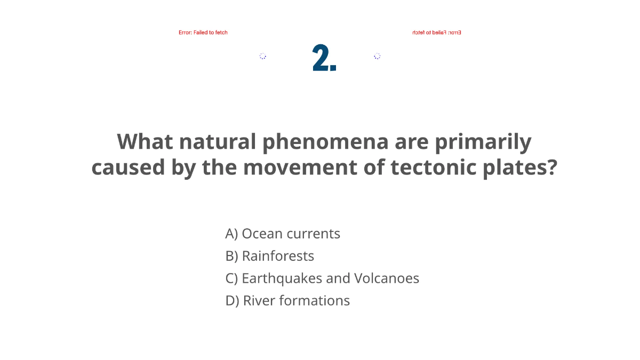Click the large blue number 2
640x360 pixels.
tap(324, 58)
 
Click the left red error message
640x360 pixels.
tap(203, 33)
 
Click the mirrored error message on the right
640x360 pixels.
tap(436, 33)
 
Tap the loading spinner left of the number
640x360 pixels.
tap(263, 56)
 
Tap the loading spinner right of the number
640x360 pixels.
tap(377, 56)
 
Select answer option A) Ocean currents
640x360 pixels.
tap(283, 234)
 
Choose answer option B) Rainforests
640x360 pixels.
tap(270, 256)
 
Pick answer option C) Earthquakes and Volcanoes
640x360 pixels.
tap(322, 278)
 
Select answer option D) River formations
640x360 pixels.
tap(287, 301)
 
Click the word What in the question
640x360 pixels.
tap(145, 142)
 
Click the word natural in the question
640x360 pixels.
tap(215, 142)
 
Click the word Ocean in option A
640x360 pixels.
tap(262, 234)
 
